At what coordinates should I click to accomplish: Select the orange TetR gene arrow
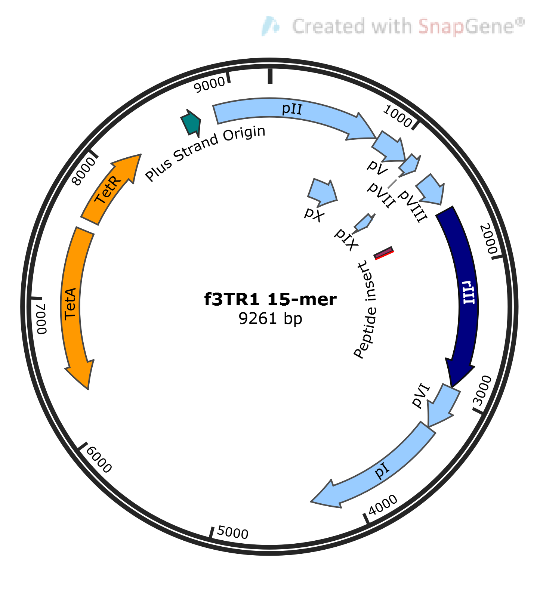click(x=108, y=191)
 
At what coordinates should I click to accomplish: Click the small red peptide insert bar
click(x=383, y=253)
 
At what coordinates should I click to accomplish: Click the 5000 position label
click(x=233, y=532)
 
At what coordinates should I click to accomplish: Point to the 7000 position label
click(x=41, y=318)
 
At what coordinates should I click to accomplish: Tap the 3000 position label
click(x=483, y=390)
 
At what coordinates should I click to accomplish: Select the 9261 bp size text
click(x=270, y=319)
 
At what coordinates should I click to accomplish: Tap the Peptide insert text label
click(x=365, y=310)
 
